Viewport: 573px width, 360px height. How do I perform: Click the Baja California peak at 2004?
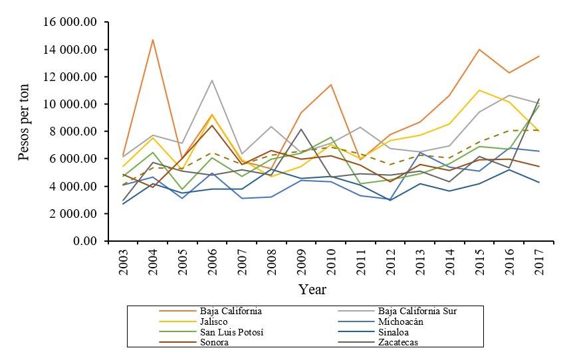pyautogui.click(x=153, y=40)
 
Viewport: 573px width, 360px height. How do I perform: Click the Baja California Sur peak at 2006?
pyautogui.click(x=212, y=80)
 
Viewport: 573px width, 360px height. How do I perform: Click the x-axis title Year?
pyautogui.click(x=312, y=290)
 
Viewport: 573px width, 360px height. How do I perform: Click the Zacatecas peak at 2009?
pyautogui.click(x=300, y=130)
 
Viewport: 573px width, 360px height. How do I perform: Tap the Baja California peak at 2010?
pyautogui.click(x=330, y=84)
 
